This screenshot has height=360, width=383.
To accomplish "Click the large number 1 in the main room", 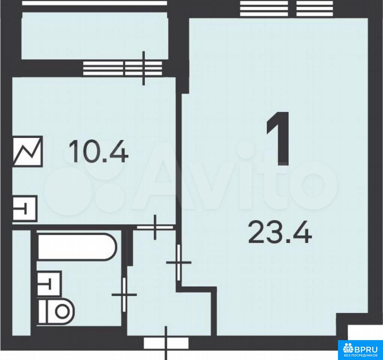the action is pyautogui.click(x=278, y=139).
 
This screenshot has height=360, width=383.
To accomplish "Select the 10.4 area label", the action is pyautogui.click(x=98, y=153).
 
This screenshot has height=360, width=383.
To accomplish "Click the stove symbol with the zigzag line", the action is pyautogui.click(x=28, y=151).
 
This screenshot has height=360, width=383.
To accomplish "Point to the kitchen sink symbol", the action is pyautogui.click(x=25, y=208).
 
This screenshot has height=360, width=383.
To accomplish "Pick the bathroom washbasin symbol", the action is pyautogui.click(x=49, y=283).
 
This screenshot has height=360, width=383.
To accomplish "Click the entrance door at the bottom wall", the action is pyautogui.click(x=166, y=343).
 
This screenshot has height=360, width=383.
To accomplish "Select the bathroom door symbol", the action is pyautogui.click(x=124, y=294).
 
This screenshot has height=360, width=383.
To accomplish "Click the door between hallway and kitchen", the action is pyautogui.click(x=155, y=227).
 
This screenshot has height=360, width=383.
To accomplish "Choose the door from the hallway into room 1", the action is pyautogui.click(x=179, y=262).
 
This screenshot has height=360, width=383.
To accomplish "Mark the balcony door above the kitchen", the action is pyautogui.click(x=144, y=68).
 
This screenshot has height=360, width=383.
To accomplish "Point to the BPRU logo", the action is pyautogui.click(x=360, y=350).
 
